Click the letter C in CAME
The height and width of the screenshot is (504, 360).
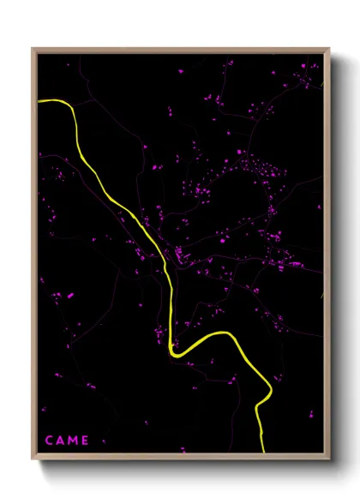[x=48, y=441]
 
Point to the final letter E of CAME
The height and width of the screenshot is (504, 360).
[x=85, y=441]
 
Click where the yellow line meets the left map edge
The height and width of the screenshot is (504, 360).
[x=39, y=101]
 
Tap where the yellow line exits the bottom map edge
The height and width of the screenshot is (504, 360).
[x=261, y=451]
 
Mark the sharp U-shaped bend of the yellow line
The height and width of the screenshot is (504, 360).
[x=175, y=351]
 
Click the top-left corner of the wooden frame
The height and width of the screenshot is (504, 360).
[x=33, y=48]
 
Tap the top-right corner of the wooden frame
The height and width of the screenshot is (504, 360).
[x=329, y=49]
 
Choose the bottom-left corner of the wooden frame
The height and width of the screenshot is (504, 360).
[x=33, y=459]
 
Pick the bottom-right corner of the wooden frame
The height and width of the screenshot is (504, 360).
[x=329, y=459]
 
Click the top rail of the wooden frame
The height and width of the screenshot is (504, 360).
[x=180, y=50]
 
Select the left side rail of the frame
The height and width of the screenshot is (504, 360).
[x=34, y=257]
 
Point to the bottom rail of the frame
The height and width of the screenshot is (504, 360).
[x=180, y=457]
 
